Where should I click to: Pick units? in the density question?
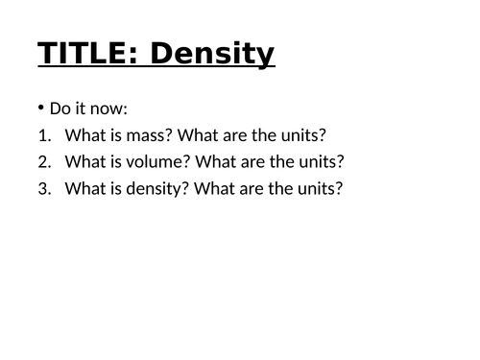click(x=321, y=188)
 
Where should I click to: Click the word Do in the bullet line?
click(x=60, y=109)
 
